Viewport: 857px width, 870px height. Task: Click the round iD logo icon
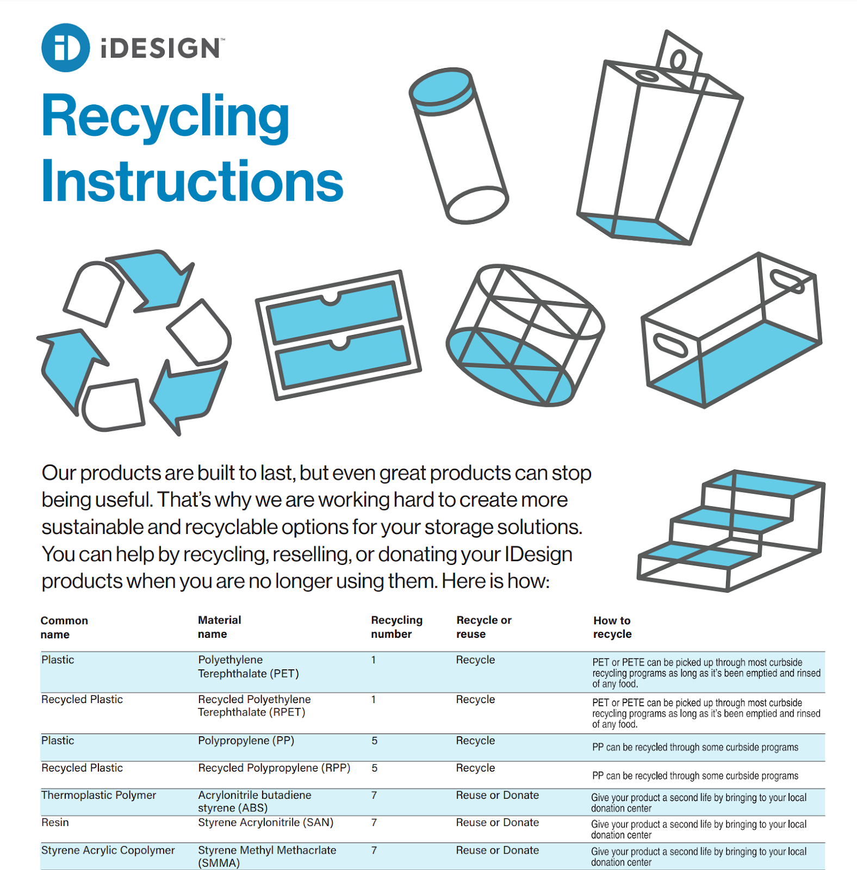pos(65,48)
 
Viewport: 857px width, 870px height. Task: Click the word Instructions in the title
pos(192,181)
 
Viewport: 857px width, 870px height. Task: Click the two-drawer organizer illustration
pos(338,335)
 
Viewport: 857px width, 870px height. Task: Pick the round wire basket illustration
pos(525,335)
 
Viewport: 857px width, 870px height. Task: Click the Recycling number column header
pos(396,627)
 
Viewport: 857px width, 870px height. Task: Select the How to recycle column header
pos(612,627)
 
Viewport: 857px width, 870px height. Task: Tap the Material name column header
pos(219,627)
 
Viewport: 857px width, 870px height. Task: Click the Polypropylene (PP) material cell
pos(246,741)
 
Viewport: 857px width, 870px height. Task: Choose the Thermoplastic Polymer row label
pos(98,795)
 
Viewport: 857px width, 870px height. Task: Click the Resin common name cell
pos(55,822)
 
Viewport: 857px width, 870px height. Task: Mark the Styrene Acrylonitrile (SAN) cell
pos(265,822)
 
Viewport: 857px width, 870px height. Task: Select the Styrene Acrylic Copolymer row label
pos(108,850)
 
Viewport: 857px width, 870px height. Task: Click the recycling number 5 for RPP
pos(374,768)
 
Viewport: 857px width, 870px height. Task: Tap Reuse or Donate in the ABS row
pos(497,795)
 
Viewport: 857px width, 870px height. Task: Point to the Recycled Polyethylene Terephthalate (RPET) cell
pos(254,706)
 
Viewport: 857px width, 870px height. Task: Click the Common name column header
pos(64,627)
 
